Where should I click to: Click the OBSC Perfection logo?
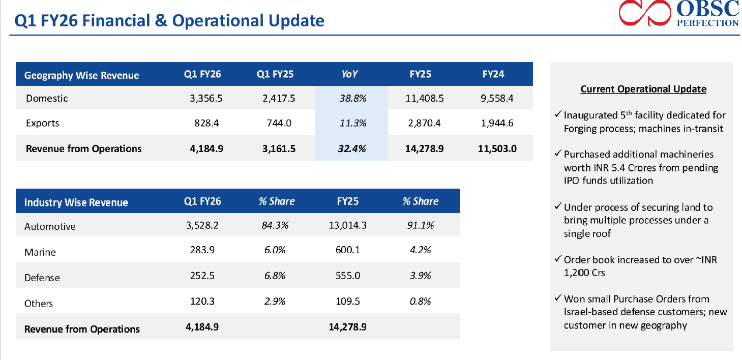[678, 13]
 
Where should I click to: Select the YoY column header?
[349, 74]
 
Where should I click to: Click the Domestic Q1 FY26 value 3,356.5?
[203, 98]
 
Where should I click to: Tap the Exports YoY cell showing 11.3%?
[352, 123]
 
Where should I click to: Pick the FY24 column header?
[493, 74]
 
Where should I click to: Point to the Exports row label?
[43, 123]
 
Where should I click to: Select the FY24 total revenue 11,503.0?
[497, 148]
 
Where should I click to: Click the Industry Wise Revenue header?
[76, 202]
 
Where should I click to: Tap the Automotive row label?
[50, 226]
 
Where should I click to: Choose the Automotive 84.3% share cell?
[275, 225]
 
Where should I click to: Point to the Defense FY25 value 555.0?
[348, 276]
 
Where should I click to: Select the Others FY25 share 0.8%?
[420, 302]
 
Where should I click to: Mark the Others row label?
[39, 303]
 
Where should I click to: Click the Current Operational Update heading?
[643, 89]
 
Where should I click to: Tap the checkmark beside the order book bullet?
[558, 259]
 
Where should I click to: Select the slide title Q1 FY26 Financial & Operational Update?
[169, 21]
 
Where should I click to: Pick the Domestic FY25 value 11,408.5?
[424, 98]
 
